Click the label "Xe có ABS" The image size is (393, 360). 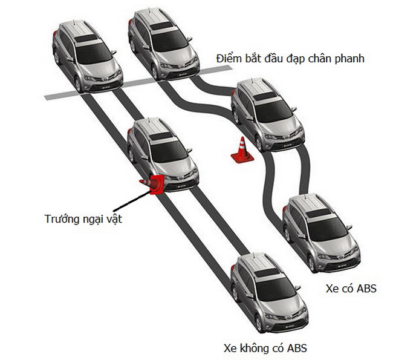tap(351, 289)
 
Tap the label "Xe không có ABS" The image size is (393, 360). tap(265, 348)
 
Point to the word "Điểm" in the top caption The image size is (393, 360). tap(229, 59)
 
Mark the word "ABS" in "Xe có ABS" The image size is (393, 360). tap(365, 289)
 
